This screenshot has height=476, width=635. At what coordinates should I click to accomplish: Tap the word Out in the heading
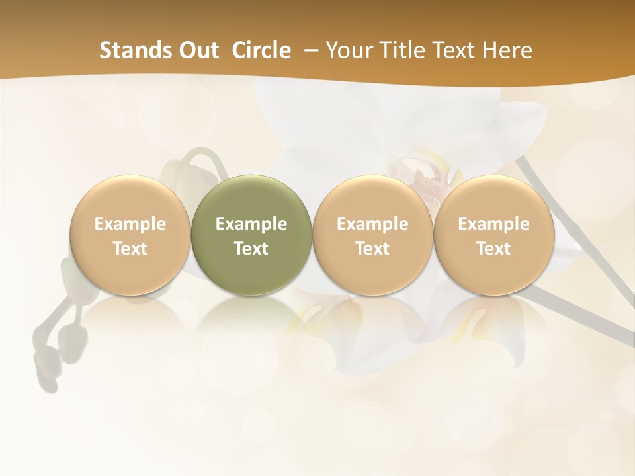tap(197, 50)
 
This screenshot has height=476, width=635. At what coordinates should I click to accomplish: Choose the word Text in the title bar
tap(455, 50)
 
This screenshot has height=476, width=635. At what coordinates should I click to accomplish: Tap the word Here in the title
tap(507, 50)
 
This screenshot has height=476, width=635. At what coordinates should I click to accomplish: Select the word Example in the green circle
tap(251, 224)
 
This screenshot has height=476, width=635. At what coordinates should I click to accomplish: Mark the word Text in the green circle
tap(251, 249)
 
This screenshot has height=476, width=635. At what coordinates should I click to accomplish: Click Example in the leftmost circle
tap(130, 224)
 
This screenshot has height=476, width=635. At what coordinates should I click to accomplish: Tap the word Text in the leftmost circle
tap(130, 249)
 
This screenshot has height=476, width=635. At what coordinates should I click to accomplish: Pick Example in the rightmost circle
tap(493, 224)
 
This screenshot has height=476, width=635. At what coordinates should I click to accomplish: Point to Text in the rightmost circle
tap(493, 249)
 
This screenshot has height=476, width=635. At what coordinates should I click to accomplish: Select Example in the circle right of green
tap(372, 224)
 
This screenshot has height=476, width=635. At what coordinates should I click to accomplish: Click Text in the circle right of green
tap(372, 249)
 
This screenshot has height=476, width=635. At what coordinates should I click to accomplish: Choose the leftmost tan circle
tap(130, 271)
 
